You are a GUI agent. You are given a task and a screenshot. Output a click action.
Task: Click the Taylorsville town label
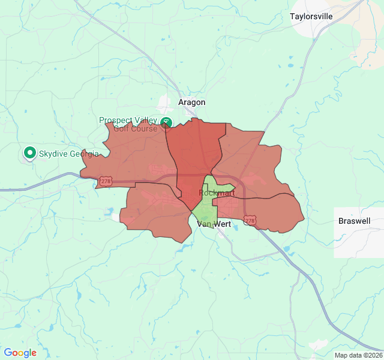[311, 16]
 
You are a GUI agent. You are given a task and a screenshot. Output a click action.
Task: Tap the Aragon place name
[191, 103]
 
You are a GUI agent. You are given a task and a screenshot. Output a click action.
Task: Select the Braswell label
[354, 221]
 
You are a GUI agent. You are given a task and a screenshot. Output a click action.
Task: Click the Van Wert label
[214, 224]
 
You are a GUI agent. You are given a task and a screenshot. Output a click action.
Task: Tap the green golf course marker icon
[167, 122]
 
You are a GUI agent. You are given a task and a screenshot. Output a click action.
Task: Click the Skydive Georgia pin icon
[29, 153]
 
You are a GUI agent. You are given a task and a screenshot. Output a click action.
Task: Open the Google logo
[20, 353]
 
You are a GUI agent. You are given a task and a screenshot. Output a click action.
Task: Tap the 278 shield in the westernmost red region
[106, 181]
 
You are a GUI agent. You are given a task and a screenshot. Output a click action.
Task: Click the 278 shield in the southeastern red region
[250, 221]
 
